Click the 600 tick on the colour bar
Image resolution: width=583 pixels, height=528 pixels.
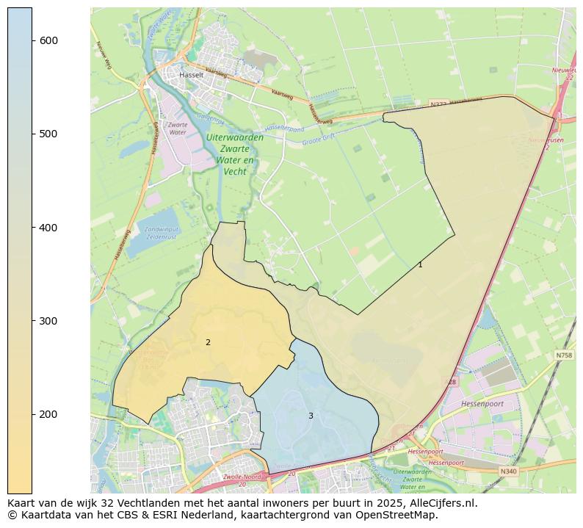coord(48,40)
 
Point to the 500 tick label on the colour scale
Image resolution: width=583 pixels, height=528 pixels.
coord(48,134)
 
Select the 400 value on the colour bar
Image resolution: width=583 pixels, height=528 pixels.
coord(48,228)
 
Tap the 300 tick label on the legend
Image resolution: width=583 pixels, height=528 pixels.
coord(48,321)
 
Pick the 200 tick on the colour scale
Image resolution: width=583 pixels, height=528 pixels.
coord(48,414)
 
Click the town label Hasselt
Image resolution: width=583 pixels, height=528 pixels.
coord(192,75)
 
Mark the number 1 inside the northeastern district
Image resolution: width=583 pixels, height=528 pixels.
coord(420,264)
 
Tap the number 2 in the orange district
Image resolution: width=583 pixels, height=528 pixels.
coord(208,342)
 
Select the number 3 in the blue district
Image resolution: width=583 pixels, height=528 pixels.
coord(311,416)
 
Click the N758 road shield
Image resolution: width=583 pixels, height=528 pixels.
coord(563,355)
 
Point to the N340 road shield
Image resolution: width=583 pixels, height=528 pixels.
coord(508,471)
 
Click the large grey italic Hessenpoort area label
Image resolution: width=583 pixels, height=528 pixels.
coord(482,404)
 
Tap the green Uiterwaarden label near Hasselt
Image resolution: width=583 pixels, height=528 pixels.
coord(235,137)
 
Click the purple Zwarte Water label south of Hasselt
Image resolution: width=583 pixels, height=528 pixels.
coord(178,129)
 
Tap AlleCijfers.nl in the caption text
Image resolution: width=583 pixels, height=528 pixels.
coord(443,503)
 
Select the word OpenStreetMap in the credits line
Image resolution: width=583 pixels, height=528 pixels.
coord(402,515)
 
